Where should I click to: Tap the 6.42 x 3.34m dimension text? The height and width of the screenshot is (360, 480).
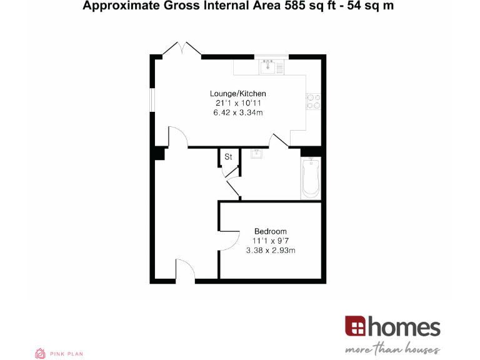coord(238,112)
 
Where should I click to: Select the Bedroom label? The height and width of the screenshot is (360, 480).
coord(271,231)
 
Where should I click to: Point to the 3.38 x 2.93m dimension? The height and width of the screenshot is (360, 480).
coord(271,250)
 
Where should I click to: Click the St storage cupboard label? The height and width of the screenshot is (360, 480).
coord(228,157)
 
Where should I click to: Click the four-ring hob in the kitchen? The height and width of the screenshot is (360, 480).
coord(313,101)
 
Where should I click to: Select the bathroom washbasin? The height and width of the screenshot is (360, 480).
coord(257,153)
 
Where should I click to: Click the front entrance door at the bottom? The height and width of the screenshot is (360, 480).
coord(186,271)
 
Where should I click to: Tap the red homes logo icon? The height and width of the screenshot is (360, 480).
coord(355,326)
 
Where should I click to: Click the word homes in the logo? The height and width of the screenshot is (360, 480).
coord(404,327)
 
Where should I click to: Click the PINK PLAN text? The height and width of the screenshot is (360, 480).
coord(67,354)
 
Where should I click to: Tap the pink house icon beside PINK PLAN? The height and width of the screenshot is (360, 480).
coord(41,353)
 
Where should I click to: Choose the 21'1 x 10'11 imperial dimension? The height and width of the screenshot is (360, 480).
coord(237,103)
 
